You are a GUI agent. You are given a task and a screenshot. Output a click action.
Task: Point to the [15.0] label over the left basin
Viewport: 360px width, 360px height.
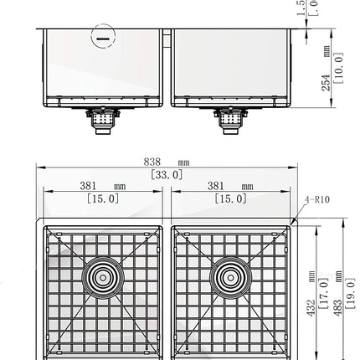(102, 199)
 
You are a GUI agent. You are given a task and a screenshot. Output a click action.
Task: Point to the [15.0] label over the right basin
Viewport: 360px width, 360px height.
(230, 199)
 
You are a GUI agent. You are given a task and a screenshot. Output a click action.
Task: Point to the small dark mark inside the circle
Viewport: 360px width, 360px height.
(104, 39)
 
